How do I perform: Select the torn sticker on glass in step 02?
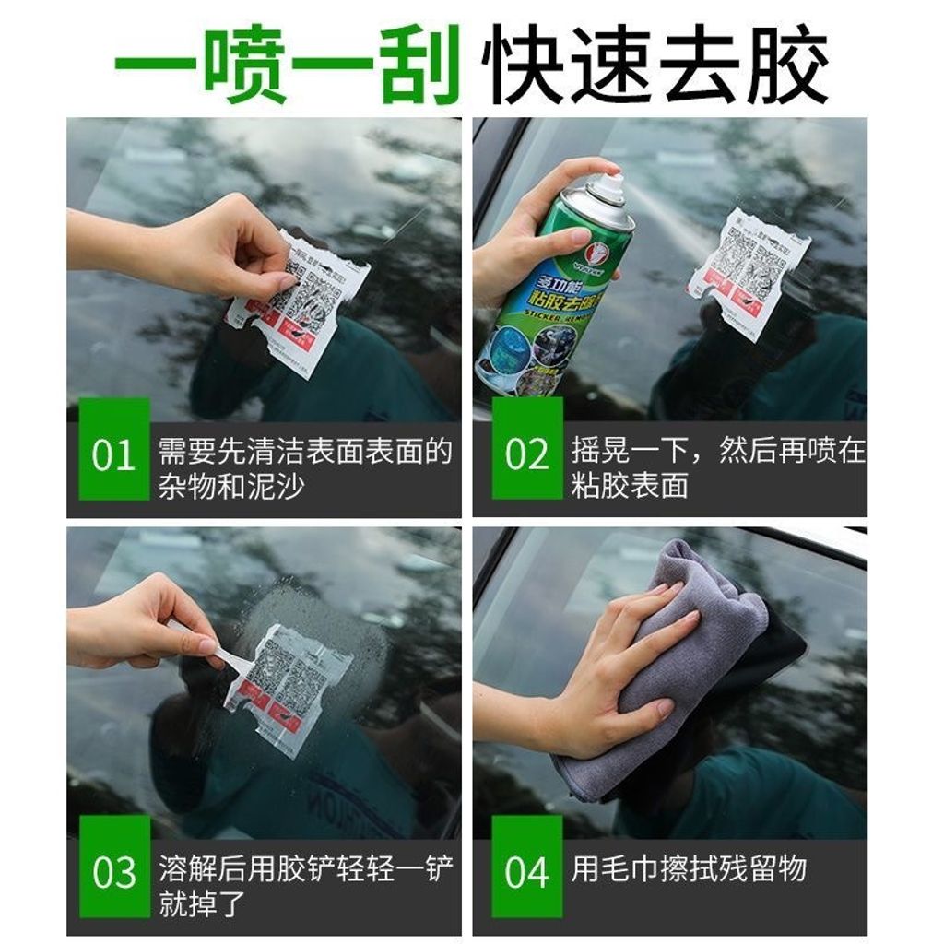(749, 272)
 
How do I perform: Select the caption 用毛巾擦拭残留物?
(689, 867)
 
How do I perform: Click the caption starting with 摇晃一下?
(717, 467)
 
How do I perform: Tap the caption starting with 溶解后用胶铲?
(305, 885)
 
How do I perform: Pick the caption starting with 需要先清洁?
(305, 467)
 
